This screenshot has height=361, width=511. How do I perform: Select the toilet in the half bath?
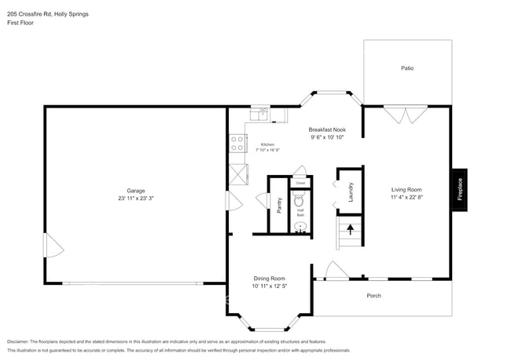[300, 202]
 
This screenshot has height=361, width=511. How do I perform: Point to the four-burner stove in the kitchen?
[237, 144]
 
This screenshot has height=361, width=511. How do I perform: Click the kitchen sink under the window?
[258, 115]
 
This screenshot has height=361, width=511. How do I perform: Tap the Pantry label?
[279, 205]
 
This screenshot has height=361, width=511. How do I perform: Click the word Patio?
[407, 68]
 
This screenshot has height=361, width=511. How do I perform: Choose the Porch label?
[374, 296]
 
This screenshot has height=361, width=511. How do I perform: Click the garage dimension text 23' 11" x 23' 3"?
[136, 199]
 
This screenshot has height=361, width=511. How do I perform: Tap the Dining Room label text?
[269, 279]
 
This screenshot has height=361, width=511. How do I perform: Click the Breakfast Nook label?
[327, 129]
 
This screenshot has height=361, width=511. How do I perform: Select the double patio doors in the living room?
[406, 115]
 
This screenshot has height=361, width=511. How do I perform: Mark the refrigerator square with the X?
[237, 173]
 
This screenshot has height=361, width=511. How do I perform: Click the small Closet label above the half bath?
[300, 182]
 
